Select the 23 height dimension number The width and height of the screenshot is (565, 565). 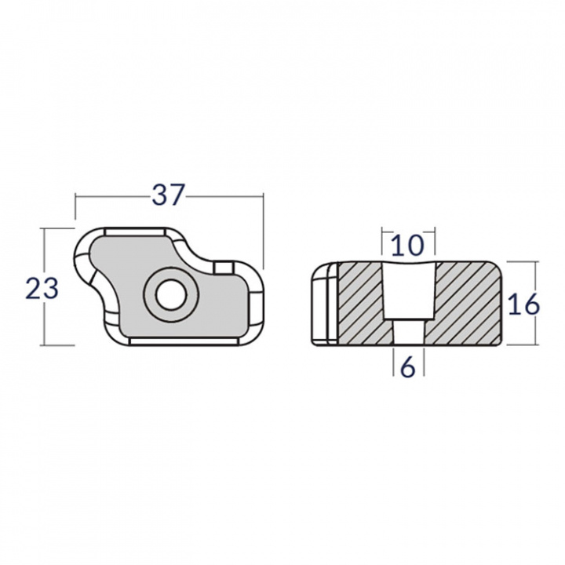[x=42, y=289]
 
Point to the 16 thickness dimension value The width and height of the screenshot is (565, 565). [x=523, y=304]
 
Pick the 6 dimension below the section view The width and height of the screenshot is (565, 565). [x=407, y=366]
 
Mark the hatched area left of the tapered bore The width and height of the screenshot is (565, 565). [x=359, y=302]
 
